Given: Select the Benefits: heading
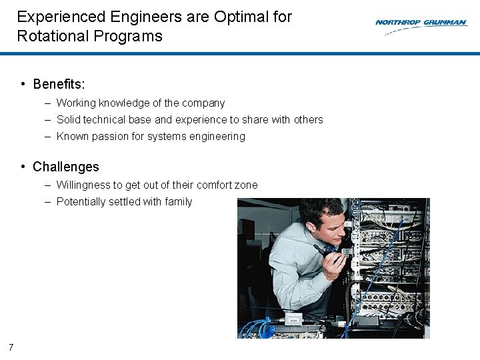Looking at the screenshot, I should [59, 84].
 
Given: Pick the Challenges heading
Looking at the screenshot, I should [65, 167].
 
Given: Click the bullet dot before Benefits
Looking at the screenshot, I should [23, 84].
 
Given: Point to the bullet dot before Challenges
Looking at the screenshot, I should [23, 167].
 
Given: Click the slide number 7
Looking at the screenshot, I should [11, 347].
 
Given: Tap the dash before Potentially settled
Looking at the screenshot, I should [49, 202].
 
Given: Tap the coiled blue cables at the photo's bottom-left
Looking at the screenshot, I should [257, 327].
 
